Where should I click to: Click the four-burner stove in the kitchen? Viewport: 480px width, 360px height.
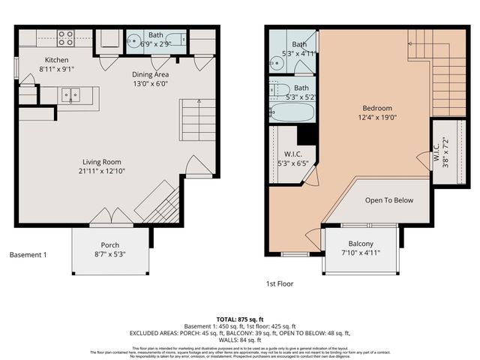pos(66,37)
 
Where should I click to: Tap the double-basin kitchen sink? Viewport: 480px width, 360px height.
pos(72,95)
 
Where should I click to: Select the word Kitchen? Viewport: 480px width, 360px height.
pos(56,60)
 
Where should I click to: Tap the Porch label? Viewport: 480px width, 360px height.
pos(110,245)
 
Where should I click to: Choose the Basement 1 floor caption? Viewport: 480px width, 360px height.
pos(28,255)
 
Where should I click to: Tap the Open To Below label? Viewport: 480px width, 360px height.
pos(388,200)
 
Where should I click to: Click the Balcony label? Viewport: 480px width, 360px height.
pos(361,244)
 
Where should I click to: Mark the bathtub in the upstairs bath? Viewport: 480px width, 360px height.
pos(292,112)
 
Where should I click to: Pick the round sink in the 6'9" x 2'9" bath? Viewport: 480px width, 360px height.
pos(134,42)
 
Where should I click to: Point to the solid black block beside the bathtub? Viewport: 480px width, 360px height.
pos(306,135)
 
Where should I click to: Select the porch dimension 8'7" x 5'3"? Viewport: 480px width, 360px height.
pos(110,255)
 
